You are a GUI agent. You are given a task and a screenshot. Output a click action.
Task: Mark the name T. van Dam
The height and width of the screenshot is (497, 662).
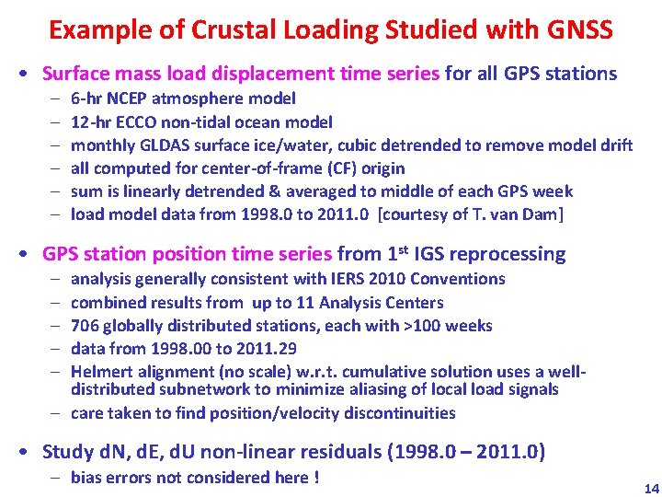tap(529, 214)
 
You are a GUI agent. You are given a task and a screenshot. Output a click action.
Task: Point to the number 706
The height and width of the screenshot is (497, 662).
tap(86, 325)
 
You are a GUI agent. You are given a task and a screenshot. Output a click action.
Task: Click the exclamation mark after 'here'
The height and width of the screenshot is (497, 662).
tap(315, 477)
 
